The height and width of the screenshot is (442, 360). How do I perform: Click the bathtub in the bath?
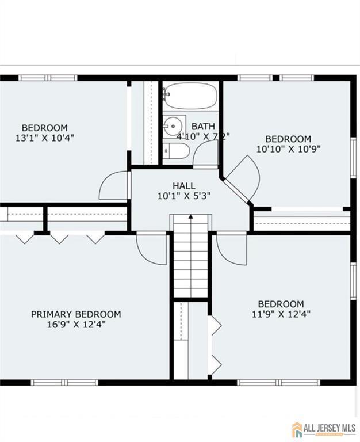(189, 95)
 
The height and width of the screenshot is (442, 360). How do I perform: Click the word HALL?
(184, 186)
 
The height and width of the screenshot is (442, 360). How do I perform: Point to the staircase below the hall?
(190, 256)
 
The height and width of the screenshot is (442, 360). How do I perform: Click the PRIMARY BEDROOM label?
(76, 314)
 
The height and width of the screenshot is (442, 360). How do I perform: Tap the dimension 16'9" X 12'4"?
(76, 324)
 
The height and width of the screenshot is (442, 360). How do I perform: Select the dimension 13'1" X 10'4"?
(45, 138)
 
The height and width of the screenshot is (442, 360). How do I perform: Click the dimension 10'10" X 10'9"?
(288, 148)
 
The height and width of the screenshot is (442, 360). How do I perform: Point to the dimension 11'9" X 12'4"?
(281, 314)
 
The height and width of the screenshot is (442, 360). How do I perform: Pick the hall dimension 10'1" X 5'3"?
(184, 196)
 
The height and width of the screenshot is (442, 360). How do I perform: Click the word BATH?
(203, 126)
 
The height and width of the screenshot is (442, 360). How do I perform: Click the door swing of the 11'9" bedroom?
(231, 249)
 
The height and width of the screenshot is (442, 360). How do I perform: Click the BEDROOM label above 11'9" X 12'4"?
(281, 304)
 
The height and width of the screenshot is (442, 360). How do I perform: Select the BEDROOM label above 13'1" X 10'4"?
(45, 128)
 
